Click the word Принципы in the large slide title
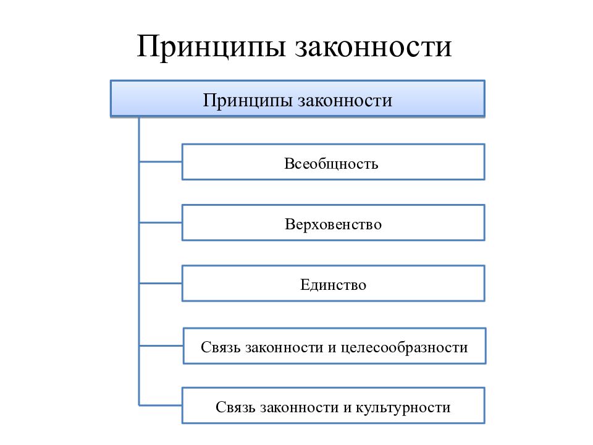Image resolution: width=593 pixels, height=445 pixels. click(211, 48)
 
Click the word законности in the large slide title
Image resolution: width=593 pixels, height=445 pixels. click(373, 48)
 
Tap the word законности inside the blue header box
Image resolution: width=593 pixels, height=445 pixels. click(345, 101)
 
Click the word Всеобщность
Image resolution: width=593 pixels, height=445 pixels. click(331, 164)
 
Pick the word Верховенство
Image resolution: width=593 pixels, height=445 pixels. click(333, 224)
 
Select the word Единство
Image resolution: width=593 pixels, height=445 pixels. click(333, 285)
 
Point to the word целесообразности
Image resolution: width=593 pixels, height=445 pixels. click(404, 348)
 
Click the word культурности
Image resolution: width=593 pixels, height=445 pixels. click(403, 408)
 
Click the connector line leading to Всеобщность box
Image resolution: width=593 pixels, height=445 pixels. click(161, 162)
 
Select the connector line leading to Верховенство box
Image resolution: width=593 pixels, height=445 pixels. click(161, 222)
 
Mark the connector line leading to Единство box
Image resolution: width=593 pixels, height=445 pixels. click(161, 283)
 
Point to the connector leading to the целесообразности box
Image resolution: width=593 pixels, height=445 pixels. click(161, 345)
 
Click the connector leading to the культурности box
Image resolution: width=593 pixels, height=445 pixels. click(161, 405)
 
